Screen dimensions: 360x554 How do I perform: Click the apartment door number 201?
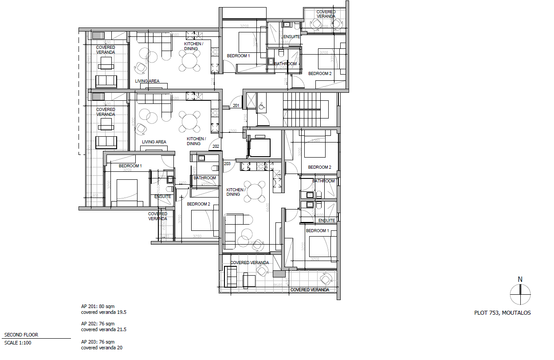236,106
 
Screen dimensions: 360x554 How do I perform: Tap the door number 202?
216,146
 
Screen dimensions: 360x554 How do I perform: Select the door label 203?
227,164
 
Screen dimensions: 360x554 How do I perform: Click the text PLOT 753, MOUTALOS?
502,313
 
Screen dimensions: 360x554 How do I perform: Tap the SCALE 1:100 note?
18,343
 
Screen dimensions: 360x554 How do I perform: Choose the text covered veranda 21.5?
104,330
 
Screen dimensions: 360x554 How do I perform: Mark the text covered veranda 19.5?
104,312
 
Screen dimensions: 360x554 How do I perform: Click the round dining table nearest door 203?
255,192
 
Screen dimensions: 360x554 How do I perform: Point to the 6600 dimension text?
268,207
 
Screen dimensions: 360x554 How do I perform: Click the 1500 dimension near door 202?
232,131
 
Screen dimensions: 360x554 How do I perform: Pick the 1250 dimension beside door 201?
246,118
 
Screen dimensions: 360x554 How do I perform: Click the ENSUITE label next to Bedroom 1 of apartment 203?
326,221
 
